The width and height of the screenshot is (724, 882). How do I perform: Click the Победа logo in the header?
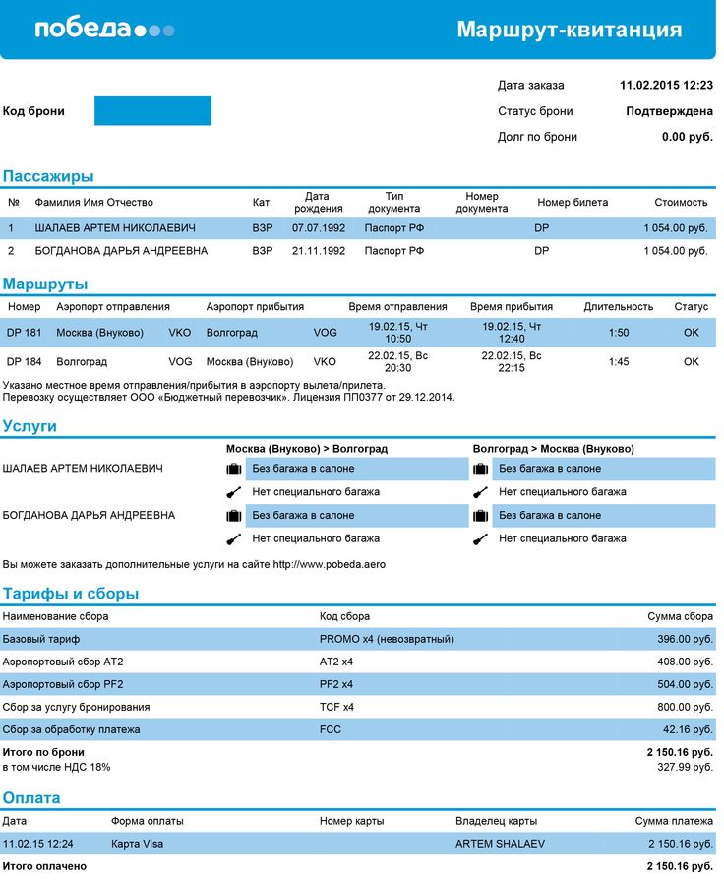pos(104,29)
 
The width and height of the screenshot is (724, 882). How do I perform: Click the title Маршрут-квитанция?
pos(569,30)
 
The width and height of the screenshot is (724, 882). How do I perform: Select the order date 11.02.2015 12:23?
pos(666,86)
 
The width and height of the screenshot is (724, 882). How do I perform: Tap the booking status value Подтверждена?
pos(669,111)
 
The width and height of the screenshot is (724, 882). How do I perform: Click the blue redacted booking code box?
pos(152,111)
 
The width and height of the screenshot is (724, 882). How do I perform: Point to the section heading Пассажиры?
pos(48,177)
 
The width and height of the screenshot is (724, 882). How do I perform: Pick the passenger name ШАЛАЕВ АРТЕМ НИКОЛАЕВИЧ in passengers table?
pos(115,228)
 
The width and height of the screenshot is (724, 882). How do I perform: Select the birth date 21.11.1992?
pos(319,251)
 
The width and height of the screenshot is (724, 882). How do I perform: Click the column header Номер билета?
pos(573,203)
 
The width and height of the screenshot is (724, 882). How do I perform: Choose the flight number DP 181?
pos(25,333)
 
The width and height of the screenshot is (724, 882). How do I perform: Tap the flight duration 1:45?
pos(619,362)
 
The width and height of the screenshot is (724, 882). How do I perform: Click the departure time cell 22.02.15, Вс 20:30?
pos(390,361)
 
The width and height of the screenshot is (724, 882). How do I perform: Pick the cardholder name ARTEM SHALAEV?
pos(501,844)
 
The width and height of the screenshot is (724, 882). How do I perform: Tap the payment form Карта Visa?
pos(138,844)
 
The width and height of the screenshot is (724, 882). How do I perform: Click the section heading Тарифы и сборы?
pos(71,594)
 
